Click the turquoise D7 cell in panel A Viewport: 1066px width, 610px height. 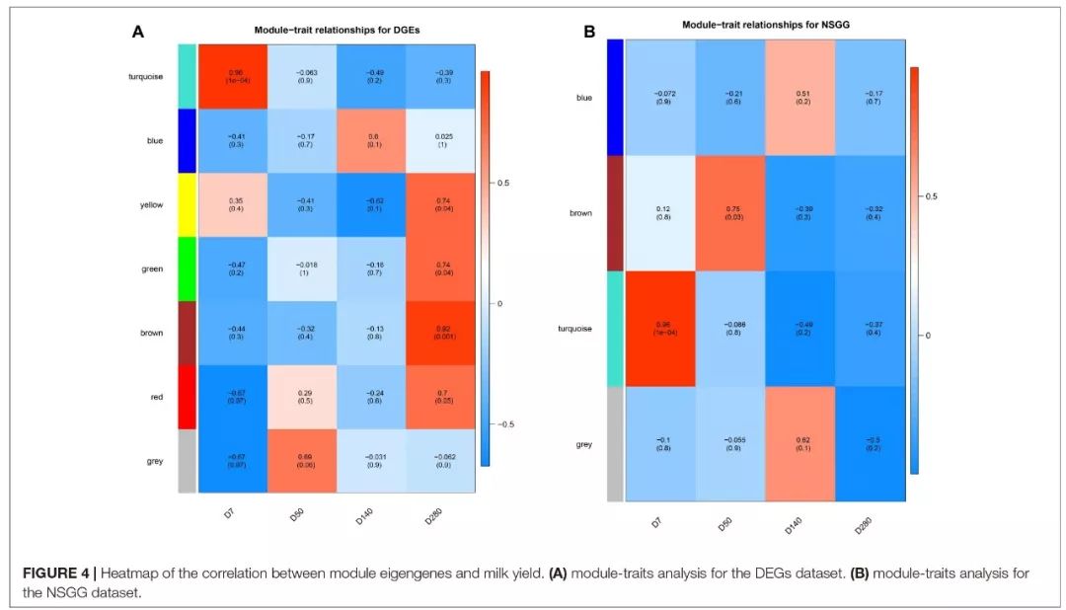click(x=236, y=76)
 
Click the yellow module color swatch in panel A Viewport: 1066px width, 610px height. click(x=187, y=204)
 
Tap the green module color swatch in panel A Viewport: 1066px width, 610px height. click(x=187, y=268)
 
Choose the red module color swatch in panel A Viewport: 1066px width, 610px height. click(x=187, y=396)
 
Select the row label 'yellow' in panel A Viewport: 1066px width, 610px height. click(x=151, y=205)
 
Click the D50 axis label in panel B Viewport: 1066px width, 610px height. click(x=724, y=524)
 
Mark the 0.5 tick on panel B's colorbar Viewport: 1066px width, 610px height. click(x=930, y=196)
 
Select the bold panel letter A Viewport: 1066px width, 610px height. click(x=138, y=32)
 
